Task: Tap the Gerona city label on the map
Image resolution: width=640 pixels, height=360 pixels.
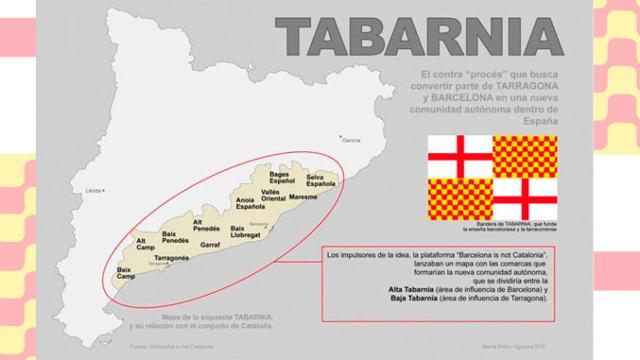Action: point(350,140)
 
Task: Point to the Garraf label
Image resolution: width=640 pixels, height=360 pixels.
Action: point(210,244)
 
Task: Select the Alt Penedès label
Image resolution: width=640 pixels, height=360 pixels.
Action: point(205,225)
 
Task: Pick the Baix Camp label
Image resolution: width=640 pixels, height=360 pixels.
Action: point(125,272)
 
